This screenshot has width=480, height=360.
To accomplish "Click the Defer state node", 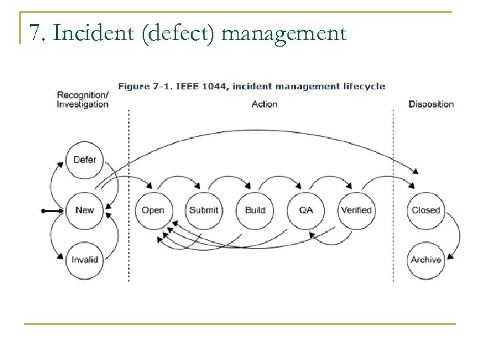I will [85, 160].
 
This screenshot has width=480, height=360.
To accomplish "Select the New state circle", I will [85, 210].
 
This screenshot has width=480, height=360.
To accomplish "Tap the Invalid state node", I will [85, 259].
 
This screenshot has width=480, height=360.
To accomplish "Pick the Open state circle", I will [153, 210].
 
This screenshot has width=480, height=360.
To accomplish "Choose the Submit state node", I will [203, 210].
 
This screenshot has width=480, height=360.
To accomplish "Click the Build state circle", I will [255, 210].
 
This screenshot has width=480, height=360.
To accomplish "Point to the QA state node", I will [305, 210].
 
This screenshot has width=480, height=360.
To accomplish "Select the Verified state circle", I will [356, 210].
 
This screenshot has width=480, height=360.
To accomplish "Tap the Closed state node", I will [425, 210].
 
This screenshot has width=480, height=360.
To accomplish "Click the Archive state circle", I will [425, 259].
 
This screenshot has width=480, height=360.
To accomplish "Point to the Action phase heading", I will [265, 105].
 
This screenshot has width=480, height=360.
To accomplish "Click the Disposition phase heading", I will [431, 105].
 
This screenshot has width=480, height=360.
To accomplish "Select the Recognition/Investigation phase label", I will [83, 100].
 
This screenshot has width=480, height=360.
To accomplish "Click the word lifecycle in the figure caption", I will [363, 86].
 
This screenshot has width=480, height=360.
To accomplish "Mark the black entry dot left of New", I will [43, 210].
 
